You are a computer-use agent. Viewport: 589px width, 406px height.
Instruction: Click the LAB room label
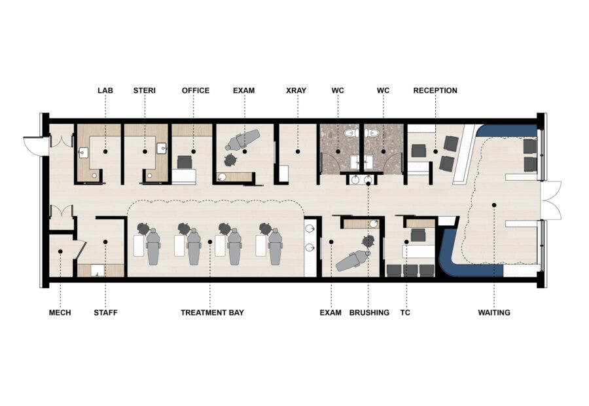click(x=105, y=90)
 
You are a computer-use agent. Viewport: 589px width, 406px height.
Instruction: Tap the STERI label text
click(x=144, y=90)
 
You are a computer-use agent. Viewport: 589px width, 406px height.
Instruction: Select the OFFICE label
click(x=196, y=90)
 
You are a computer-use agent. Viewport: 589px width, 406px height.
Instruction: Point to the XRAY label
click(x=296, y=90)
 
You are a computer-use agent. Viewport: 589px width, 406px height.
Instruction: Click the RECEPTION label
click(x=435, y=90)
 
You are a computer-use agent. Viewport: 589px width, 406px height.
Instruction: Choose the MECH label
click(x=60, y=313)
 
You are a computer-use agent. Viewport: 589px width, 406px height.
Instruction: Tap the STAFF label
click(x=105, y=313)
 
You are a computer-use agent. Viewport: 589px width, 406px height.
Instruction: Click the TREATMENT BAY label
click(x=212, y=313)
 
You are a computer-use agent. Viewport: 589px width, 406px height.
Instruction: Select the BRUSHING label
click(x=369, y=313)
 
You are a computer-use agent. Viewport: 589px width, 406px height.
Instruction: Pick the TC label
click(x=405, y=313)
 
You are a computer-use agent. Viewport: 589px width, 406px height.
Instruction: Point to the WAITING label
click(x=493, y=313)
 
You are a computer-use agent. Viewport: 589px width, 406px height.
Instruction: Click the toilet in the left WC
click(x=348, y=134)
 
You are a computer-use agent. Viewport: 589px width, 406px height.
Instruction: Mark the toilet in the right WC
click(x=374, y=134)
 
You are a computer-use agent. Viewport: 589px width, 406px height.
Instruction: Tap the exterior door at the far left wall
click(x=34, y=146)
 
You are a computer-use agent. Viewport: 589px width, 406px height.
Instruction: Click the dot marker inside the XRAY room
click(x=297, y=151)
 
